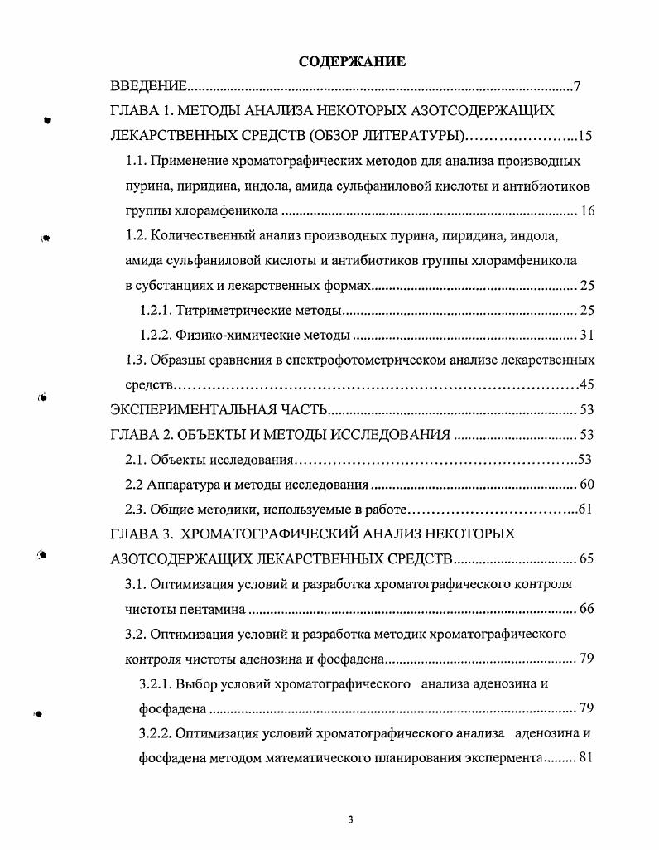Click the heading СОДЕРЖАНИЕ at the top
click(x=352, y=61)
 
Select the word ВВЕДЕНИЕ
click(x=149, y=87)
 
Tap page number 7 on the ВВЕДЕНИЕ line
click(x=576, y=87)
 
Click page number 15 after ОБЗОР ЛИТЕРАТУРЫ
click(x=585, y=136)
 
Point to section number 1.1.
click(x=136, y=161)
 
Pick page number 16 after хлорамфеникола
click(x=587, y=211)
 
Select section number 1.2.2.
click(x=155, y=336)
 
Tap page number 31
click(x=587, y=336)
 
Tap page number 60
click(x=587, y=485)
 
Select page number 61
click(x=584, y=510)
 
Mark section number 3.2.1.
click(x=155, y=684)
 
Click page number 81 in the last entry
click(x=587, y=759)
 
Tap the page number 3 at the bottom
click(x=351, y=819)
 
